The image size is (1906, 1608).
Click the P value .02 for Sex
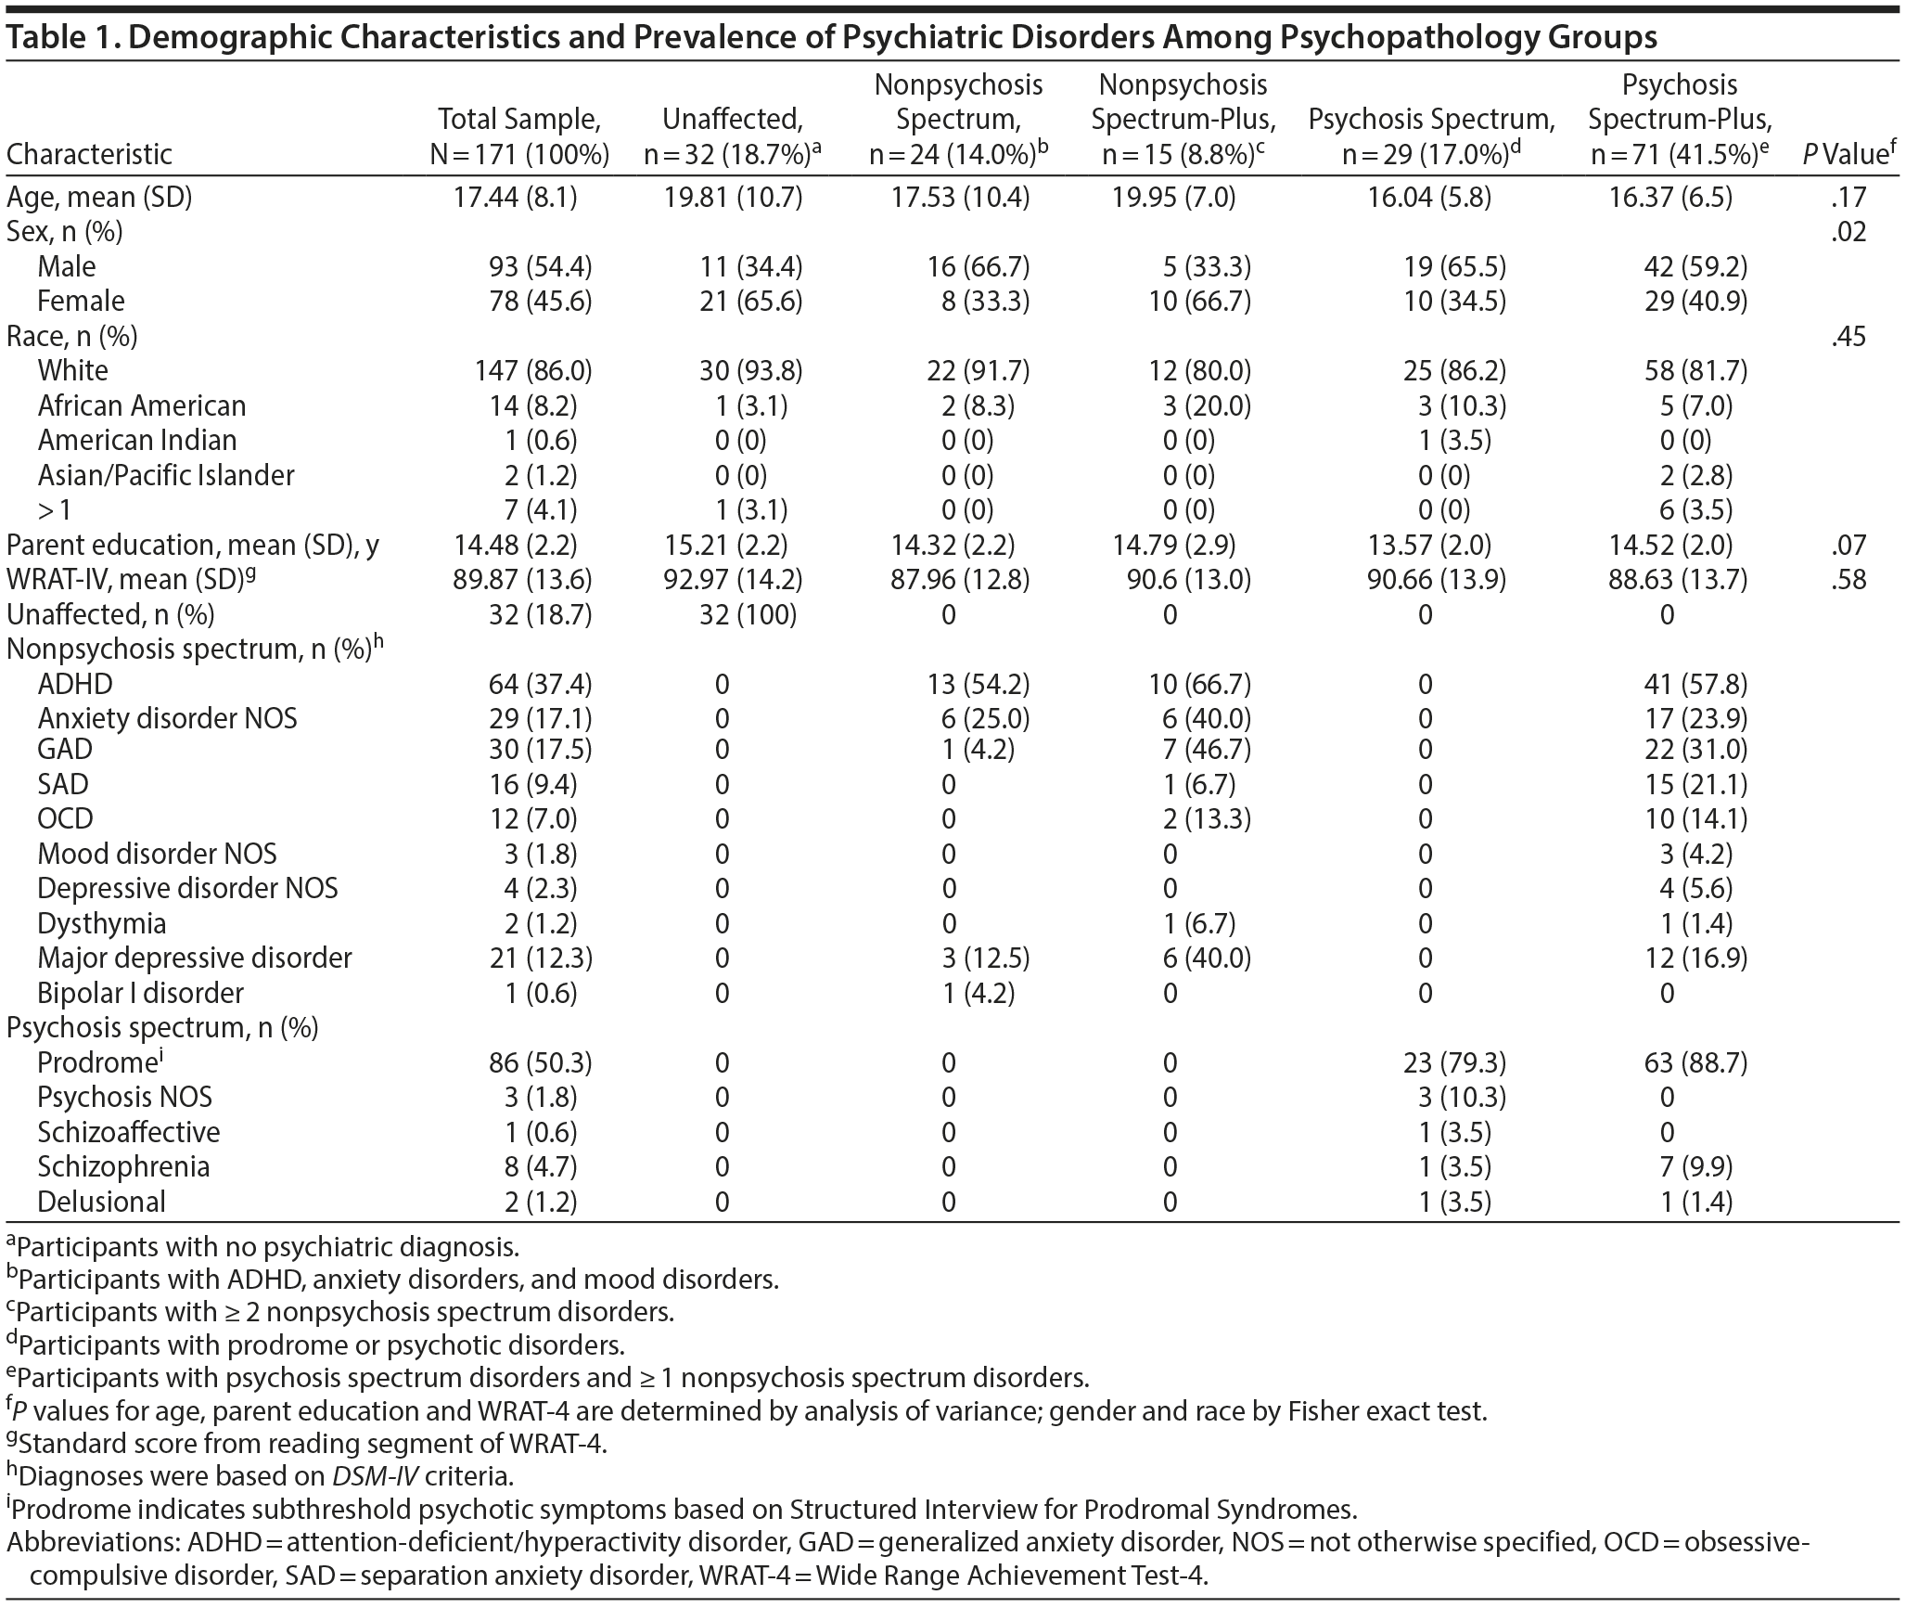point(1848,232)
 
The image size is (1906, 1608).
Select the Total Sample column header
point(519,135)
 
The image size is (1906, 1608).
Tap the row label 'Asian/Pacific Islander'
point(166,475)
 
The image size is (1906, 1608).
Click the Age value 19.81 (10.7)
point(732,197)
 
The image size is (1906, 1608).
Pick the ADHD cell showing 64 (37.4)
point(540,684)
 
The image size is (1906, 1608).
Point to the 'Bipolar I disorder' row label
point(140,993)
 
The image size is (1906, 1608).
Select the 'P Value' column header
point(1846,154)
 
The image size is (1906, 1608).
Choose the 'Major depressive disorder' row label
point(195,958)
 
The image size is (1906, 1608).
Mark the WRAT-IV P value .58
point(1848,580)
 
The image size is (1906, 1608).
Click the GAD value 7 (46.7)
point(1205,750)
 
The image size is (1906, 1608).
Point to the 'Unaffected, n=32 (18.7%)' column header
point(732,135)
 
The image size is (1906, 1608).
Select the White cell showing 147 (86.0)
point(532,371)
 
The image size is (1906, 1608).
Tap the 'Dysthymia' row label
point(102,923)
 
